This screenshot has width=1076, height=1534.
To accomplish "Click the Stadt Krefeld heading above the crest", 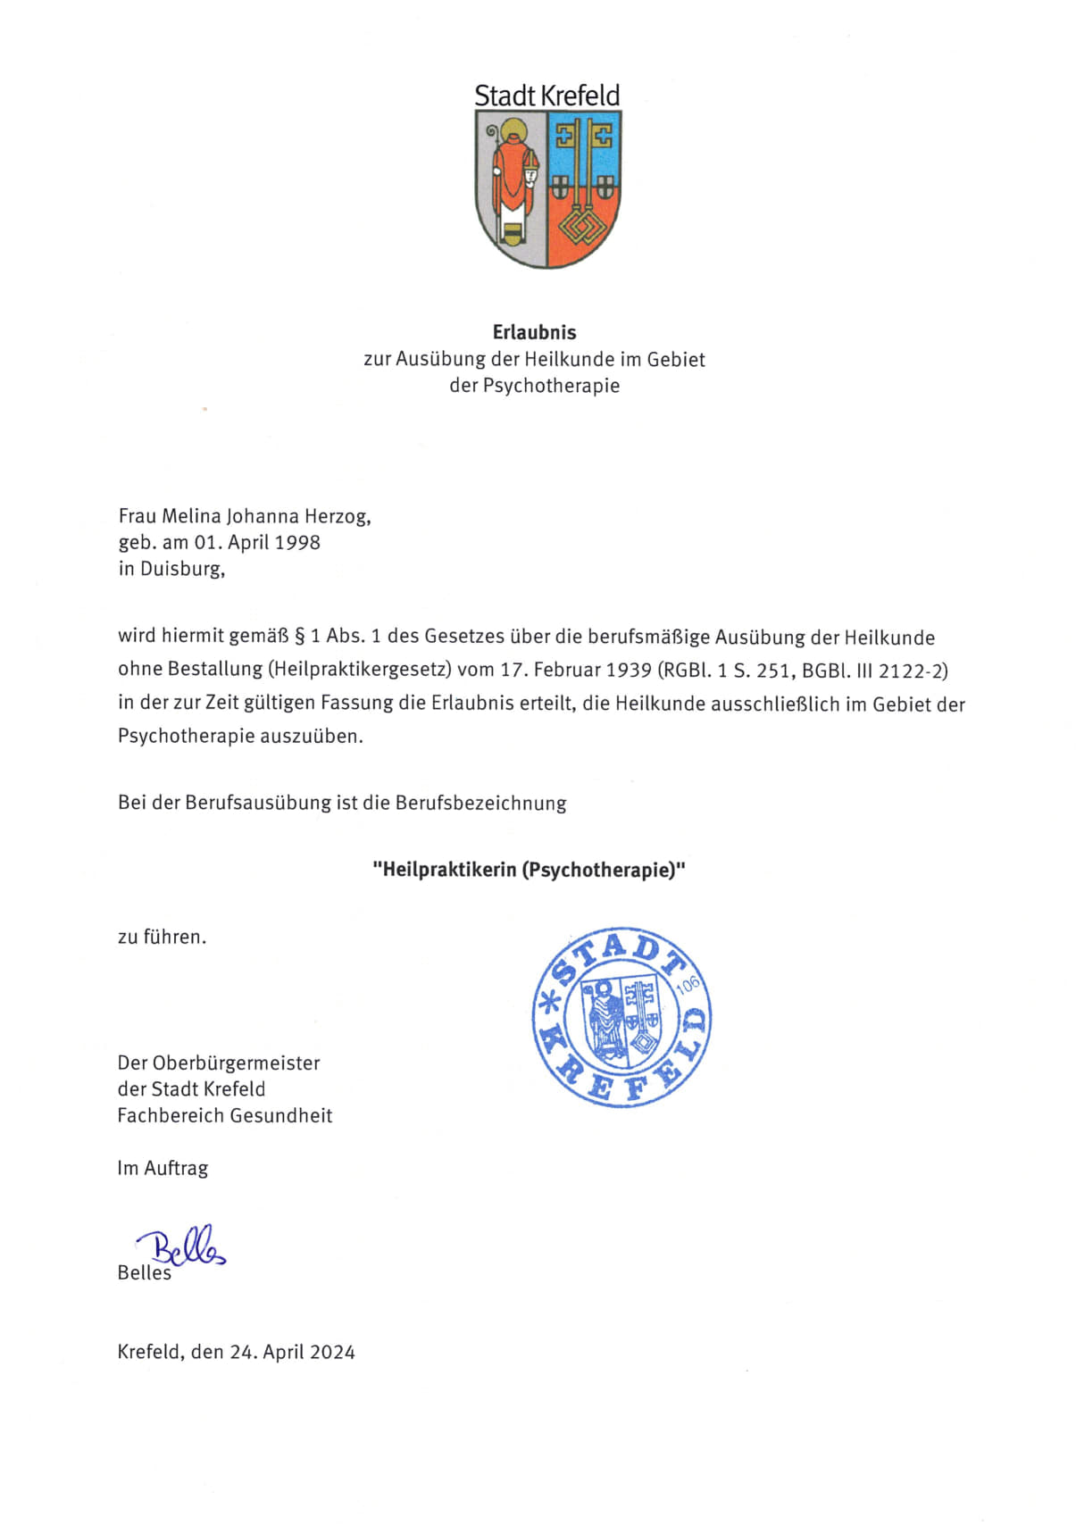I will pyautogui.click(x=546, y=96).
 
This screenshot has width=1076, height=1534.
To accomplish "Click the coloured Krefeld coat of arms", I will pyautogui.click(x=547, y=188).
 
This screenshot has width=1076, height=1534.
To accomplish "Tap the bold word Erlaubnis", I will pyautogui.click(x=534, y=332).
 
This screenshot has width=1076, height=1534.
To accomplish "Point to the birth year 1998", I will pyautogui.click(x=297, y=542).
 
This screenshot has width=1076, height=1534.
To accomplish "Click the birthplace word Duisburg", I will pyautogui.click(x=181, y=569).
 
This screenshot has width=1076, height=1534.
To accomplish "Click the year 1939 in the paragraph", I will pyautogui.click(x=629, y=670).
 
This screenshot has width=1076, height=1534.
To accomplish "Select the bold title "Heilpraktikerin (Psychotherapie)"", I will pyautogui.click(x=529, y=870).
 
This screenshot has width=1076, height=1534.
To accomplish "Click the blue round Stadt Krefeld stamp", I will pyautogui.click(x=621, y=1017).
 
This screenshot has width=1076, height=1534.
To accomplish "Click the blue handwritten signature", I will pyautogui.click(x=184, y=1245).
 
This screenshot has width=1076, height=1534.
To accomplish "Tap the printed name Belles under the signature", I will pyautogui.click(x=144, y=1273).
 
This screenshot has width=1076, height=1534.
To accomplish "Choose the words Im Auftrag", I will pyautogui.click(x=163, y=1168).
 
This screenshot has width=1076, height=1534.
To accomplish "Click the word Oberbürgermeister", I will pyautogui.click(x=236, y=1063).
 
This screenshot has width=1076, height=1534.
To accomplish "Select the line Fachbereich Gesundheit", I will pyautogui.click(x=224, y=1115).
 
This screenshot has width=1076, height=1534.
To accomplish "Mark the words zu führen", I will pyautogui.click(x=162, y=938).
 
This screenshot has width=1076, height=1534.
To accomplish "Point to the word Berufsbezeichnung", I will pyautogui.click(x=480, y=803).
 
